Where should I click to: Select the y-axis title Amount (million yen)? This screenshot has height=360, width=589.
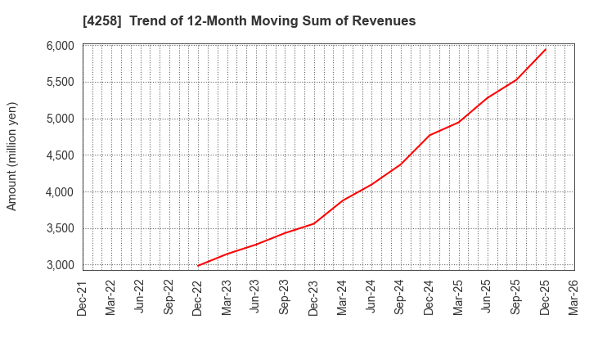[12, 156]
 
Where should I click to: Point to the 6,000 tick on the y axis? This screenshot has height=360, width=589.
[58, 46]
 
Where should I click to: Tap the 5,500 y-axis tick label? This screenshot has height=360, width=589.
[58, 82]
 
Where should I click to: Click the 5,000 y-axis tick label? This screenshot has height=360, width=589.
[58, 119]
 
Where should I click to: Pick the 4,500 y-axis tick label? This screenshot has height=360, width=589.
[58, 155]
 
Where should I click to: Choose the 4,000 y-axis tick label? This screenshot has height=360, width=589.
[58, 192]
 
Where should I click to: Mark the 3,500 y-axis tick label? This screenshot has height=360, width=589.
[58, 229]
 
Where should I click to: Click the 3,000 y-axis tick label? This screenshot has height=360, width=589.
[58, 265]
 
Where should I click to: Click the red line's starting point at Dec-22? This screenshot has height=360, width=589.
[198, 265]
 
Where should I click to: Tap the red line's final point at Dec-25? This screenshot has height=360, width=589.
[546, 49]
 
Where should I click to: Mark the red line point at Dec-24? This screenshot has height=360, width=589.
[429, 135]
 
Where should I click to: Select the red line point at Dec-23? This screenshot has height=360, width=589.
[314, 223]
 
